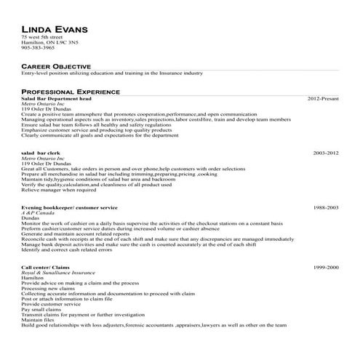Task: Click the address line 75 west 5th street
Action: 44,37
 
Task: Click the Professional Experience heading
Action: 71,92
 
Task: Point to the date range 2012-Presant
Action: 323,97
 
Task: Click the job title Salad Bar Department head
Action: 56,97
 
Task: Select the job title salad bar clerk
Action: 41,153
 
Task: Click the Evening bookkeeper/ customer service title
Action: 70,207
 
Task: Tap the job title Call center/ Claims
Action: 47,268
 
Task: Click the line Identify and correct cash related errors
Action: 67,249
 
